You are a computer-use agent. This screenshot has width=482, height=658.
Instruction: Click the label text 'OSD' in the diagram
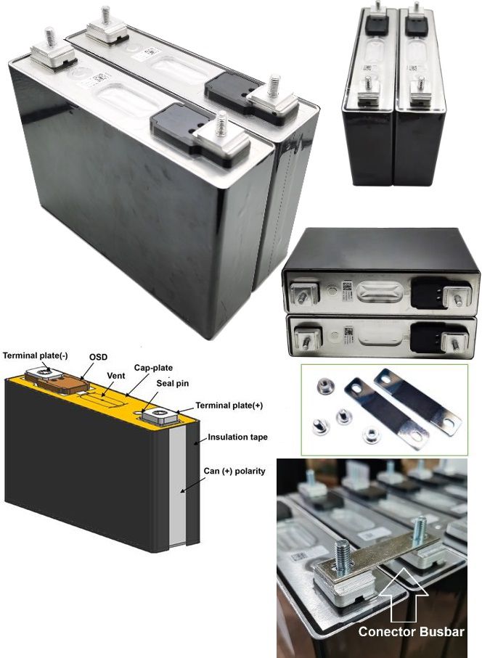(x=97, y=357)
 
